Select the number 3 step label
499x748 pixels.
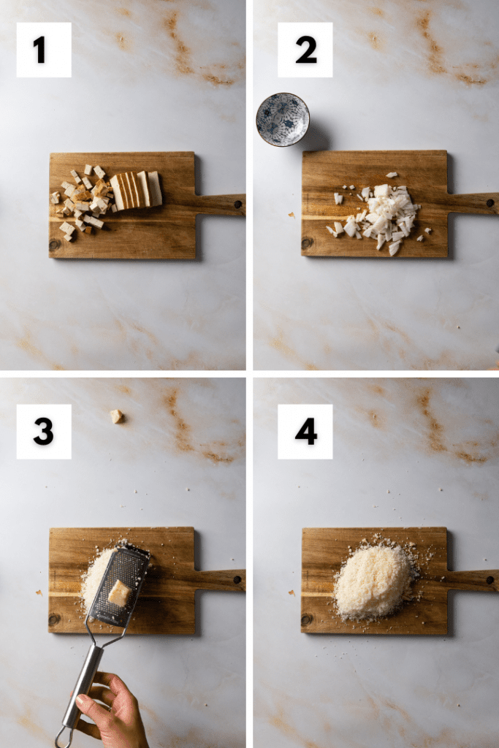[43, 432]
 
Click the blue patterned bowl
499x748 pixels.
[283, 119]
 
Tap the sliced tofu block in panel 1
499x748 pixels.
[137, 190]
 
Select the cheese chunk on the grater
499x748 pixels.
[119, 593]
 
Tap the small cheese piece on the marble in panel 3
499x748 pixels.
[116, 416]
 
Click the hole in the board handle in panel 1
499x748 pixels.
[237, 204]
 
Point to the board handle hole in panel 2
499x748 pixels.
[490, 203]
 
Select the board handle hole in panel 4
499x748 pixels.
[490, 579]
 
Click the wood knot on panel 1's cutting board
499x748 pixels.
[55, 245]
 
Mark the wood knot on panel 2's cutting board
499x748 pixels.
[307, 243]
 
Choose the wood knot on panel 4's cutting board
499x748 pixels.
[307, 619]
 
